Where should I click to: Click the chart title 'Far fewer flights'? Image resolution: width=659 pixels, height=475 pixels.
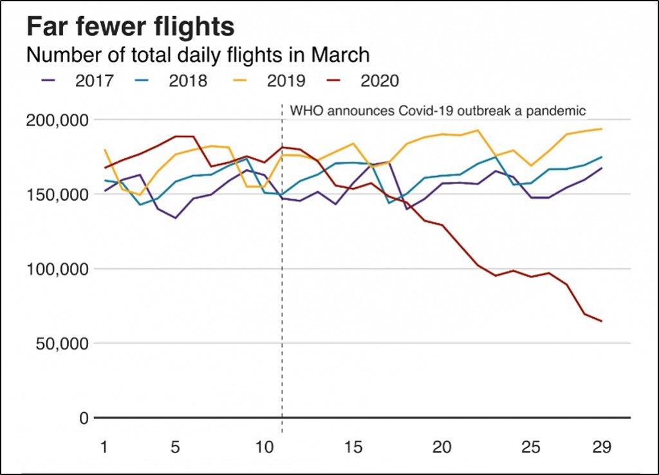click(x=130, y=27)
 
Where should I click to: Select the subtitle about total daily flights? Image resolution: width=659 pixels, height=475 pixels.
click(x=198, y=55)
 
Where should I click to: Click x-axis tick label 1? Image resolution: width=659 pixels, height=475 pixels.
click(x=104, y=446)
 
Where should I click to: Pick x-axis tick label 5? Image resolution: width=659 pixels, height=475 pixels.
click(x=175, y=446)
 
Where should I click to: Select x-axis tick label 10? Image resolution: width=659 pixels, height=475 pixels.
click(x=265, y=446)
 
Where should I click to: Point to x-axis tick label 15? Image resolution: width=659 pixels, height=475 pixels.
click(x=353, y=446)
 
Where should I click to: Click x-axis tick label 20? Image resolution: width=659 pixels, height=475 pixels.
click(x=442, y=446)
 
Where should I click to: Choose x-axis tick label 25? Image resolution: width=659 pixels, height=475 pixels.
click(x=531, y=446)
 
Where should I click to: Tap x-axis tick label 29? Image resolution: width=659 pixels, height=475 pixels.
click(x=602, y=446)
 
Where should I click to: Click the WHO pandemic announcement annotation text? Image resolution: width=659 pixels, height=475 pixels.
click(x=438, y=110)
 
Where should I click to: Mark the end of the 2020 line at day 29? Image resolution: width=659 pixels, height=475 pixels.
click(x=602, y=321)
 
